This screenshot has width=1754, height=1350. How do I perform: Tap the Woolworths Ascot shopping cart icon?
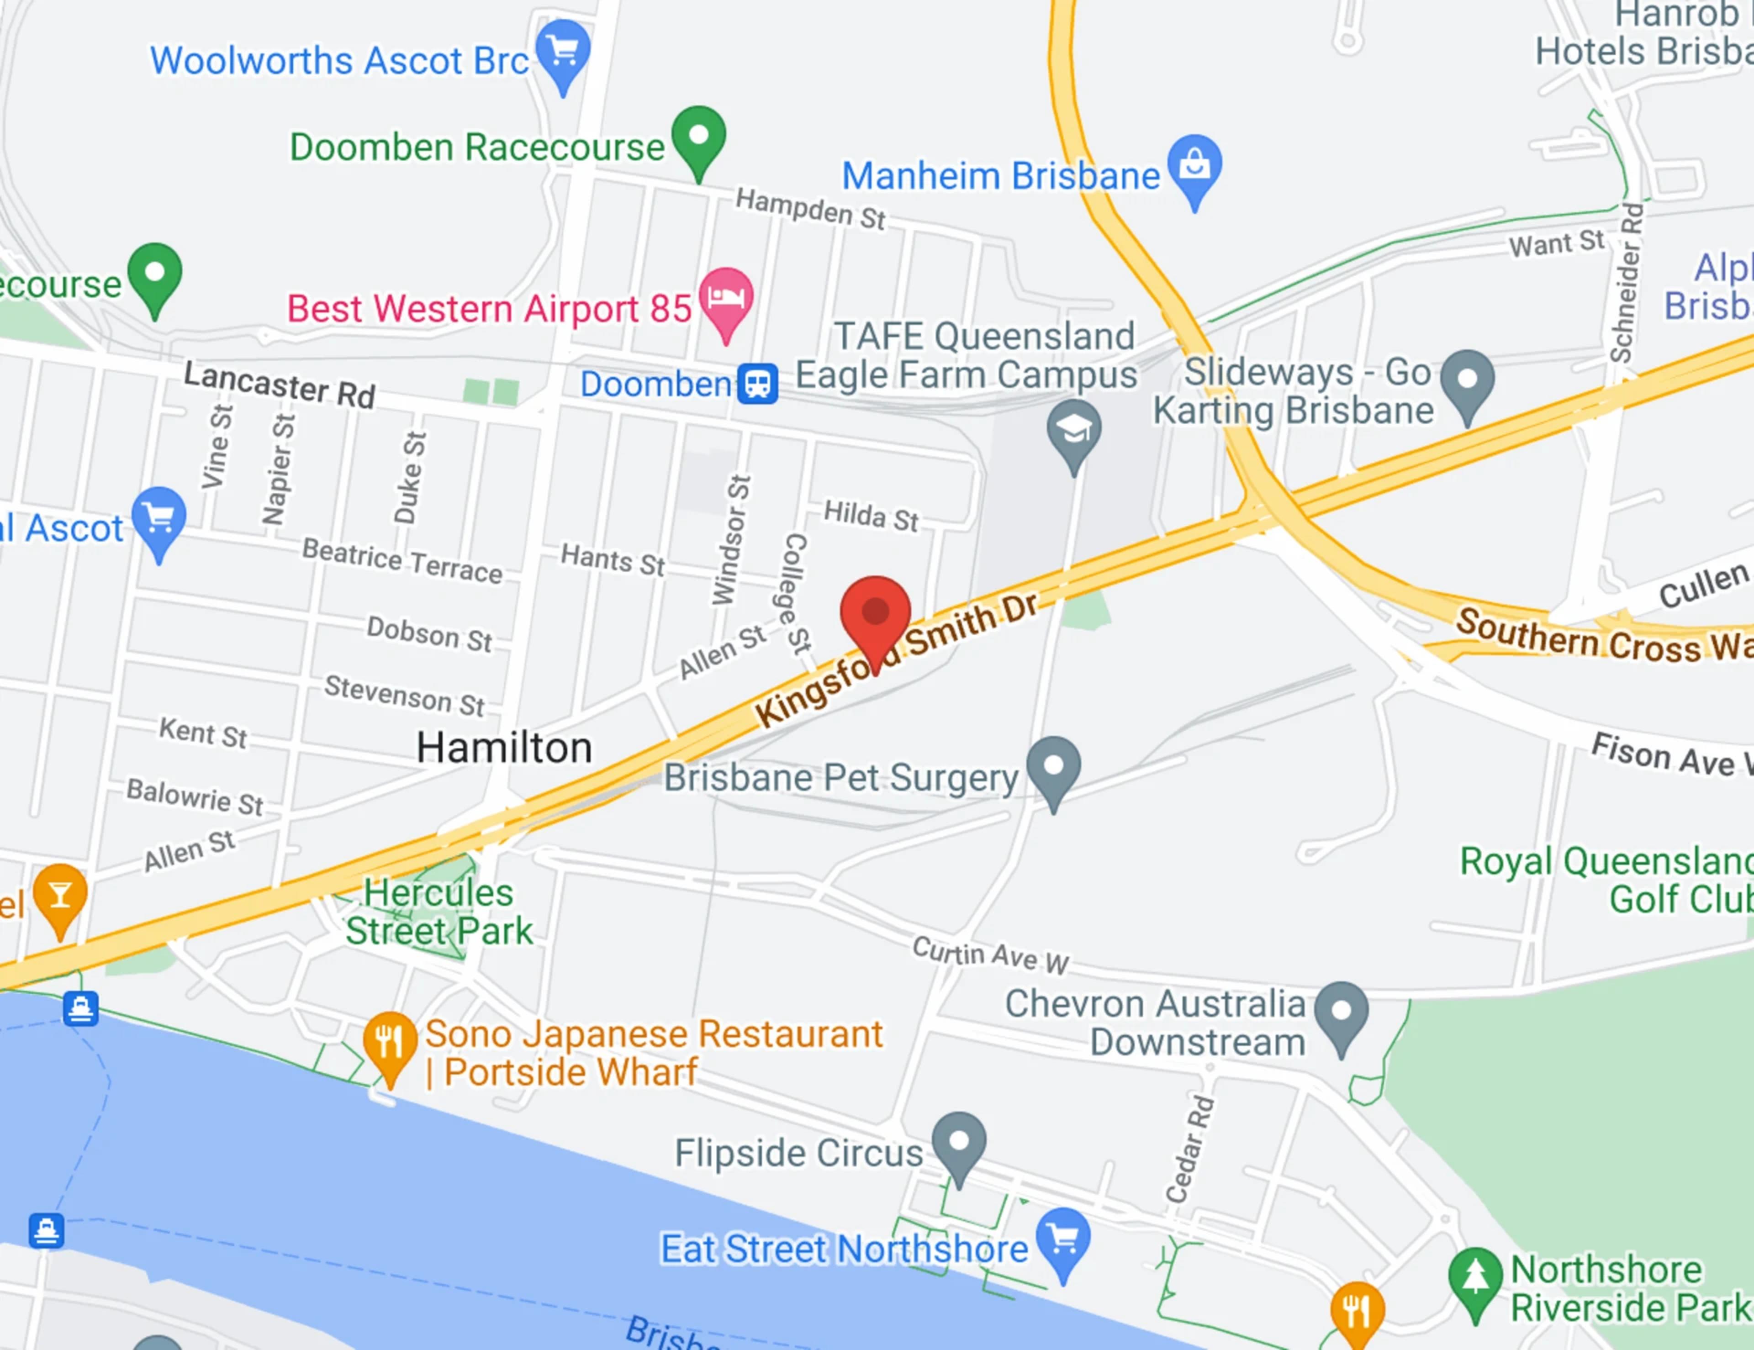click(563, 50)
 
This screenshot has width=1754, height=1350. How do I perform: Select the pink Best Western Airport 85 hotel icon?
click(726, 297)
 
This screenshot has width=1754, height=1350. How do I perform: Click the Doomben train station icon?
click(757, 384)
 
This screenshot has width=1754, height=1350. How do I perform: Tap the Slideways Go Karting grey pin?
click(1467, 380)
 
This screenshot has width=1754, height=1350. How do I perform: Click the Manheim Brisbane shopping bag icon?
click(1195, 164)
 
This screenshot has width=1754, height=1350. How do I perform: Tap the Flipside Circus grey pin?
click(959, 1142)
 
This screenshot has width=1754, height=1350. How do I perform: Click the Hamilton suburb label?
click(504, 748)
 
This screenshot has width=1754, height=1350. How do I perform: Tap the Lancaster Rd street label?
click(280, 385)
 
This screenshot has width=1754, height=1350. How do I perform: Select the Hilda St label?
click(872, 516)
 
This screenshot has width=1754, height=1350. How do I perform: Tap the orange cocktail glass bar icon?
click(59, 895)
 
